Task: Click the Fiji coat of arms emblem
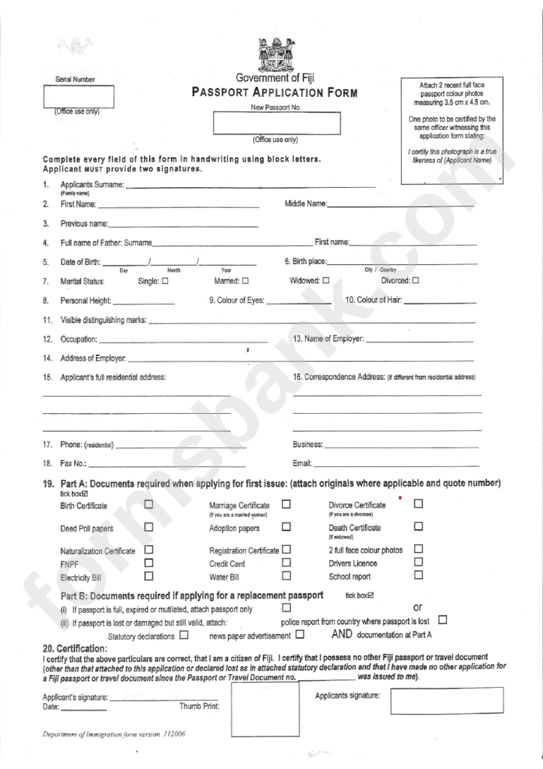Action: [274, 54]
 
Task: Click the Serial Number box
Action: [79, 98]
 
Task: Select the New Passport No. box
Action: [276, 123]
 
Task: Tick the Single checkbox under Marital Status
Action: [165, 281]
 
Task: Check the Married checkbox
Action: [244, 281]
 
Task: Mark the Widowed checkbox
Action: [326, 281]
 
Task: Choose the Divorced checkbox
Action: [415, 281]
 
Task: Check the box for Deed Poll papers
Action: [148, 527]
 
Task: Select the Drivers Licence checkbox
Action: [418, 562]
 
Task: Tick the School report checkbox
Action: [418, 576]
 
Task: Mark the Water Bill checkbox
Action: [286, 576]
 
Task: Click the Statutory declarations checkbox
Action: [184, 635]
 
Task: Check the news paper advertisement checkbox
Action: [300, 635]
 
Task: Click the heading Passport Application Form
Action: [275, 94]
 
